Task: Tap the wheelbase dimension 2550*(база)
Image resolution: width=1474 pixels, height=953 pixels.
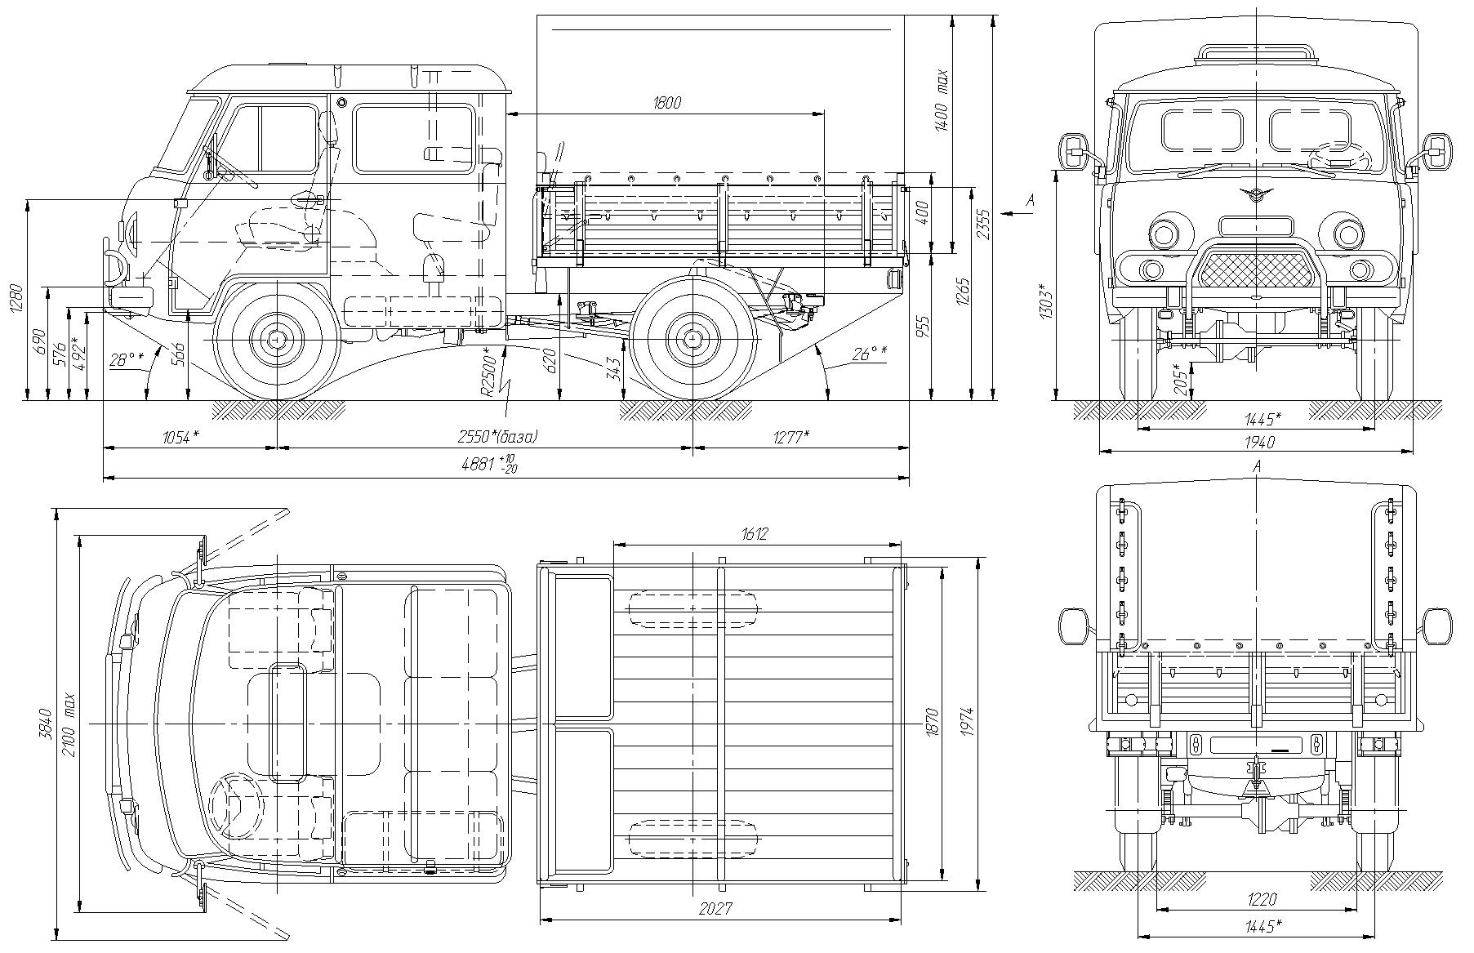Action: tap(497, 437)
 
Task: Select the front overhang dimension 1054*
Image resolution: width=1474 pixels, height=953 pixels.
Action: tap(180, 437)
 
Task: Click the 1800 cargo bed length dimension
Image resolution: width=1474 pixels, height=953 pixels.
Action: tap(666, 103)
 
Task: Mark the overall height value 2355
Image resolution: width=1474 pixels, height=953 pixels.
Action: tap(984, 225)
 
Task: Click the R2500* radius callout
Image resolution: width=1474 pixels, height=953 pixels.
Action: tap(487, 372)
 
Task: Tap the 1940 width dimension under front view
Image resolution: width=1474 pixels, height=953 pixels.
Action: tap(1259, 442)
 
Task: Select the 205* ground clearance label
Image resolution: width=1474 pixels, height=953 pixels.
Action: tap(1178, 379)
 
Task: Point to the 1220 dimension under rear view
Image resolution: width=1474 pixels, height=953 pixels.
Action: tap(1262, 901)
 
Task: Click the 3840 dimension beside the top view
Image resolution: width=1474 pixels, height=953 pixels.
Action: tap(46, 722)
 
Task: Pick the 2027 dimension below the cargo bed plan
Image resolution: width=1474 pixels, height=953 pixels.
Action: tap(715, 909)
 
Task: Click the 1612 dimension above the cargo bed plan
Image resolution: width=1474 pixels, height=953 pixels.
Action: tap(755, 535)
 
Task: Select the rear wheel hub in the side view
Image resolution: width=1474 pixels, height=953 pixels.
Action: tap(692, 338)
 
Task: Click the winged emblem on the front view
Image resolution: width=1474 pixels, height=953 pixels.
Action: tap(1256, 194)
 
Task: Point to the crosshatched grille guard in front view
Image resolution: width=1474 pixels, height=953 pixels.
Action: tap(1256, 268)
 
